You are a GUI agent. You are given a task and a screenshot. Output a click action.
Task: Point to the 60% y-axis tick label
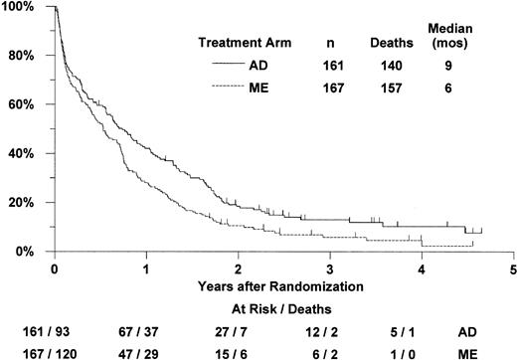(x=20, y=104)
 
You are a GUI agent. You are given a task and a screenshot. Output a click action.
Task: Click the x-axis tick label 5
(x=513, y=270)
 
